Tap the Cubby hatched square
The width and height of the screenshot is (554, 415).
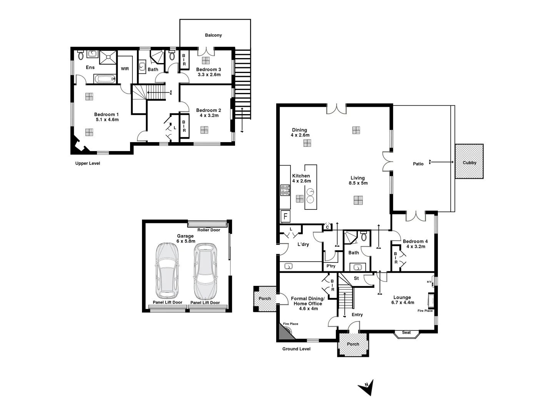pyautogui.click(x=469, y=161)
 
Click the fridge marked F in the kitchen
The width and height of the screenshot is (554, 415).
pyautogui.click(x=285, y=216)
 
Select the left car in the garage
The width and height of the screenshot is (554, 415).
pyautogui.click(x=167, y=271)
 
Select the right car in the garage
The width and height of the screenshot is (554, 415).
pyautogui.click(x=205, y=271)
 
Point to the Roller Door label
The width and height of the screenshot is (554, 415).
pyautogui.click(x=209, y=230)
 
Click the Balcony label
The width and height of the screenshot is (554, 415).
pyautogui.click(x=213, y=35)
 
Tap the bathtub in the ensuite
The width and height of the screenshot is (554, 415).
pyautogui.click(x=105, y=79)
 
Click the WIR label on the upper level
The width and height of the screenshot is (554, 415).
pyautogui.click(x=125, y=69)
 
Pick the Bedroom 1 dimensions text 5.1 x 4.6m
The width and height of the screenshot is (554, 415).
pyautogui.click(x=107, y=120)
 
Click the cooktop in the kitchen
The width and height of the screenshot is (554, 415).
pyautogui.click(x=285, y=190)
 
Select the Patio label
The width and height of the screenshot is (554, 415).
pyautogui.click(x=418, y=164)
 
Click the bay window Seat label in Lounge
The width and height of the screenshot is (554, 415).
pyautogui.click(x=406, y=332)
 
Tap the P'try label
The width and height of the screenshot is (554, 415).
pyautogui.click(x=331, y=266)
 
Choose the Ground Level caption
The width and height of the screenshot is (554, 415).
pyautogui.click(x=296, y=349)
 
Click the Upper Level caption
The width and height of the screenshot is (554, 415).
pyautogui.click(x=87, y=163)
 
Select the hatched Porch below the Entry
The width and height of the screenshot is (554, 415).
pyautogui.click(x=353, y=344)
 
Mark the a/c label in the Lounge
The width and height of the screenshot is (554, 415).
pyautogui.click(x=429, y=282)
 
